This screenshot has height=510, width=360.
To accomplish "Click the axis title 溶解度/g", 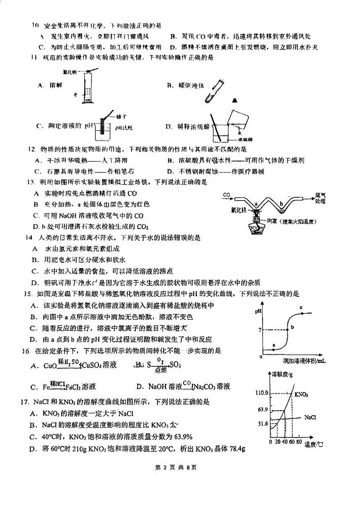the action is click(281, 374).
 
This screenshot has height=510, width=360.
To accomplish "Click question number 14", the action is click(29, 237).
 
